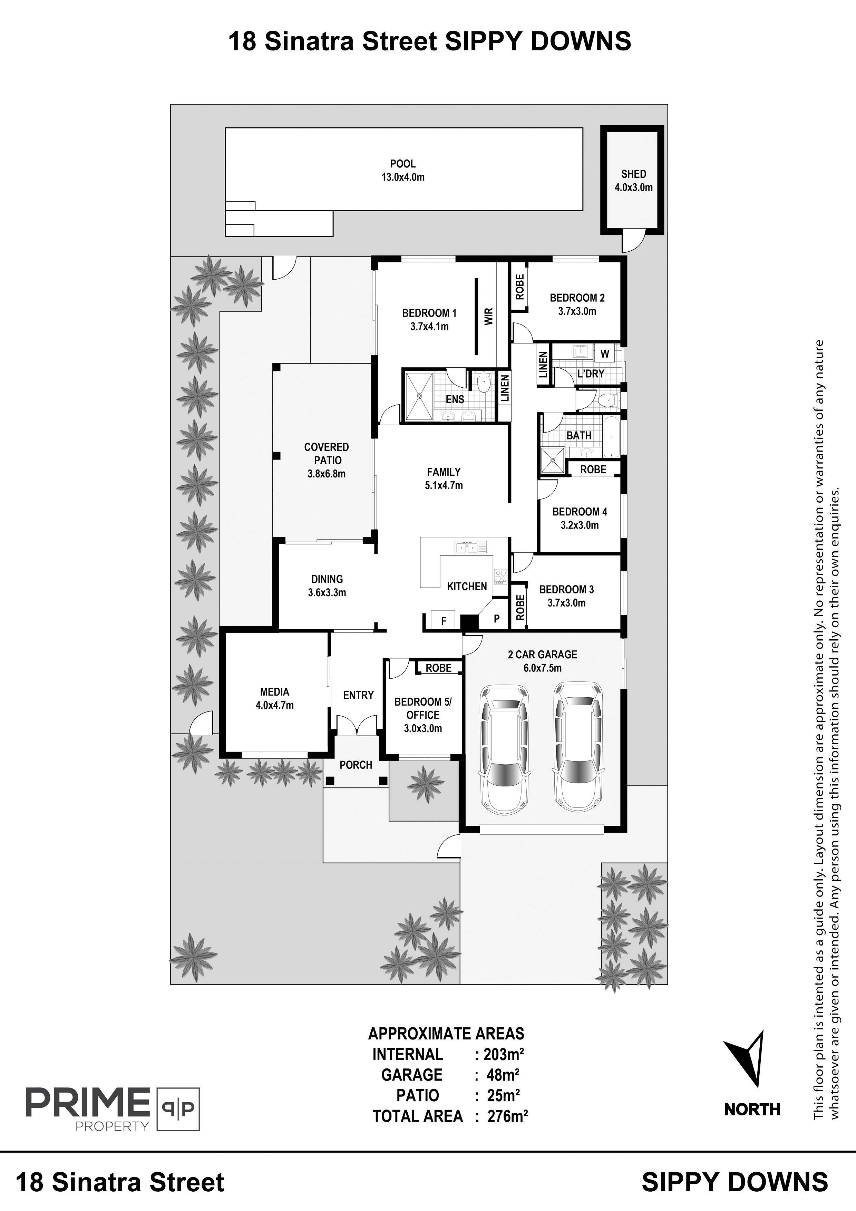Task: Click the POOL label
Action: pos(403,164)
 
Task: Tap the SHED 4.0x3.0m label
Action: pos(633,181)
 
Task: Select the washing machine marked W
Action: pos(604,354)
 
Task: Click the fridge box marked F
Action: pos(444,621)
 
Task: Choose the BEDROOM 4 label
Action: pos(580,512)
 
